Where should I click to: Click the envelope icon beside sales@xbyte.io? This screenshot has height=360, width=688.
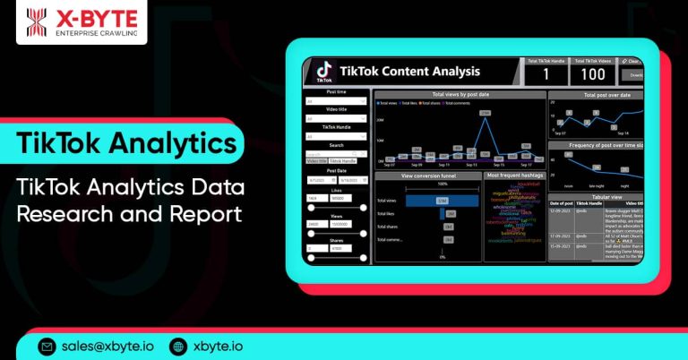47,347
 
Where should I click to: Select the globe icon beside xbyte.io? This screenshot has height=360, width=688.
177,347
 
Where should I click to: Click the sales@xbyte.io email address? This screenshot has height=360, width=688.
106,347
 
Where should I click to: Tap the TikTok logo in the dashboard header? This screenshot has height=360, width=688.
322,72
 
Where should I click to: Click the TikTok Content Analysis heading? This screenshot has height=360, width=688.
409,72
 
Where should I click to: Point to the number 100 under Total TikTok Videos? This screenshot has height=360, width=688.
592,75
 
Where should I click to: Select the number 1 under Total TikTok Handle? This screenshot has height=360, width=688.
544,75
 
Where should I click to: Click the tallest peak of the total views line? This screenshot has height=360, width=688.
485,114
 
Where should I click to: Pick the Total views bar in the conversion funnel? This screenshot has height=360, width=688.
443,201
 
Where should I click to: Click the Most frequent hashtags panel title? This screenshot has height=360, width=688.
514,176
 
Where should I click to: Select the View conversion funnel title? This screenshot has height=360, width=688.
428,176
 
